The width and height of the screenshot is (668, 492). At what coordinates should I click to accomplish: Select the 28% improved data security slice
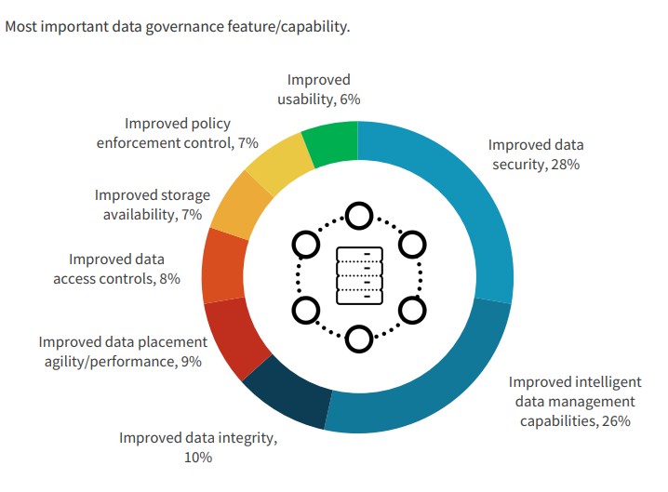tap(465, 205)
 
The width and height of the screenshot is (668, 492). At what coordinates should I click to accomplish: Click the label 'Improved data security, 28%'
tap(536, 154)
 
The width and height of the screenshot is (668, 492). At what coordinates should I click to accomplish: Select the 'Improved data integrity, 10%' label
tap(198, 447)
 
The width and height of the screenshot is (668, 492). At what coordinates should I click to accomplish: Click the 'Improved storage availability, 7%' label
tap(153, 205)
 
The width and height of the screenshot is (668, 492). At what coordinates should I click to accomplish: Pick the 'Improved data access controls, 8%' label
tap(125, 269)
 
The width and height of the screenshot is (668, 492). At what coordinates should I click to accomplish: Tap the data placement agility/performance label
tap(120, 352)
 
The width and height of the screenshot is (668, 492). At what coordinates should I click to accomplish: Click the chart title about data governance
tap(178, 26)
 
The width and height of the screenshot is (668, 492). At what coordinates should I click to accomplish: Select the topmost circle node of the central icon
tap(358, 216)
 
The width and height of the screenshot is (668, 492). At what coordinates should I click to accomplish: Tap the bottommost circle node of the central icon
tap(358, 339)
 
